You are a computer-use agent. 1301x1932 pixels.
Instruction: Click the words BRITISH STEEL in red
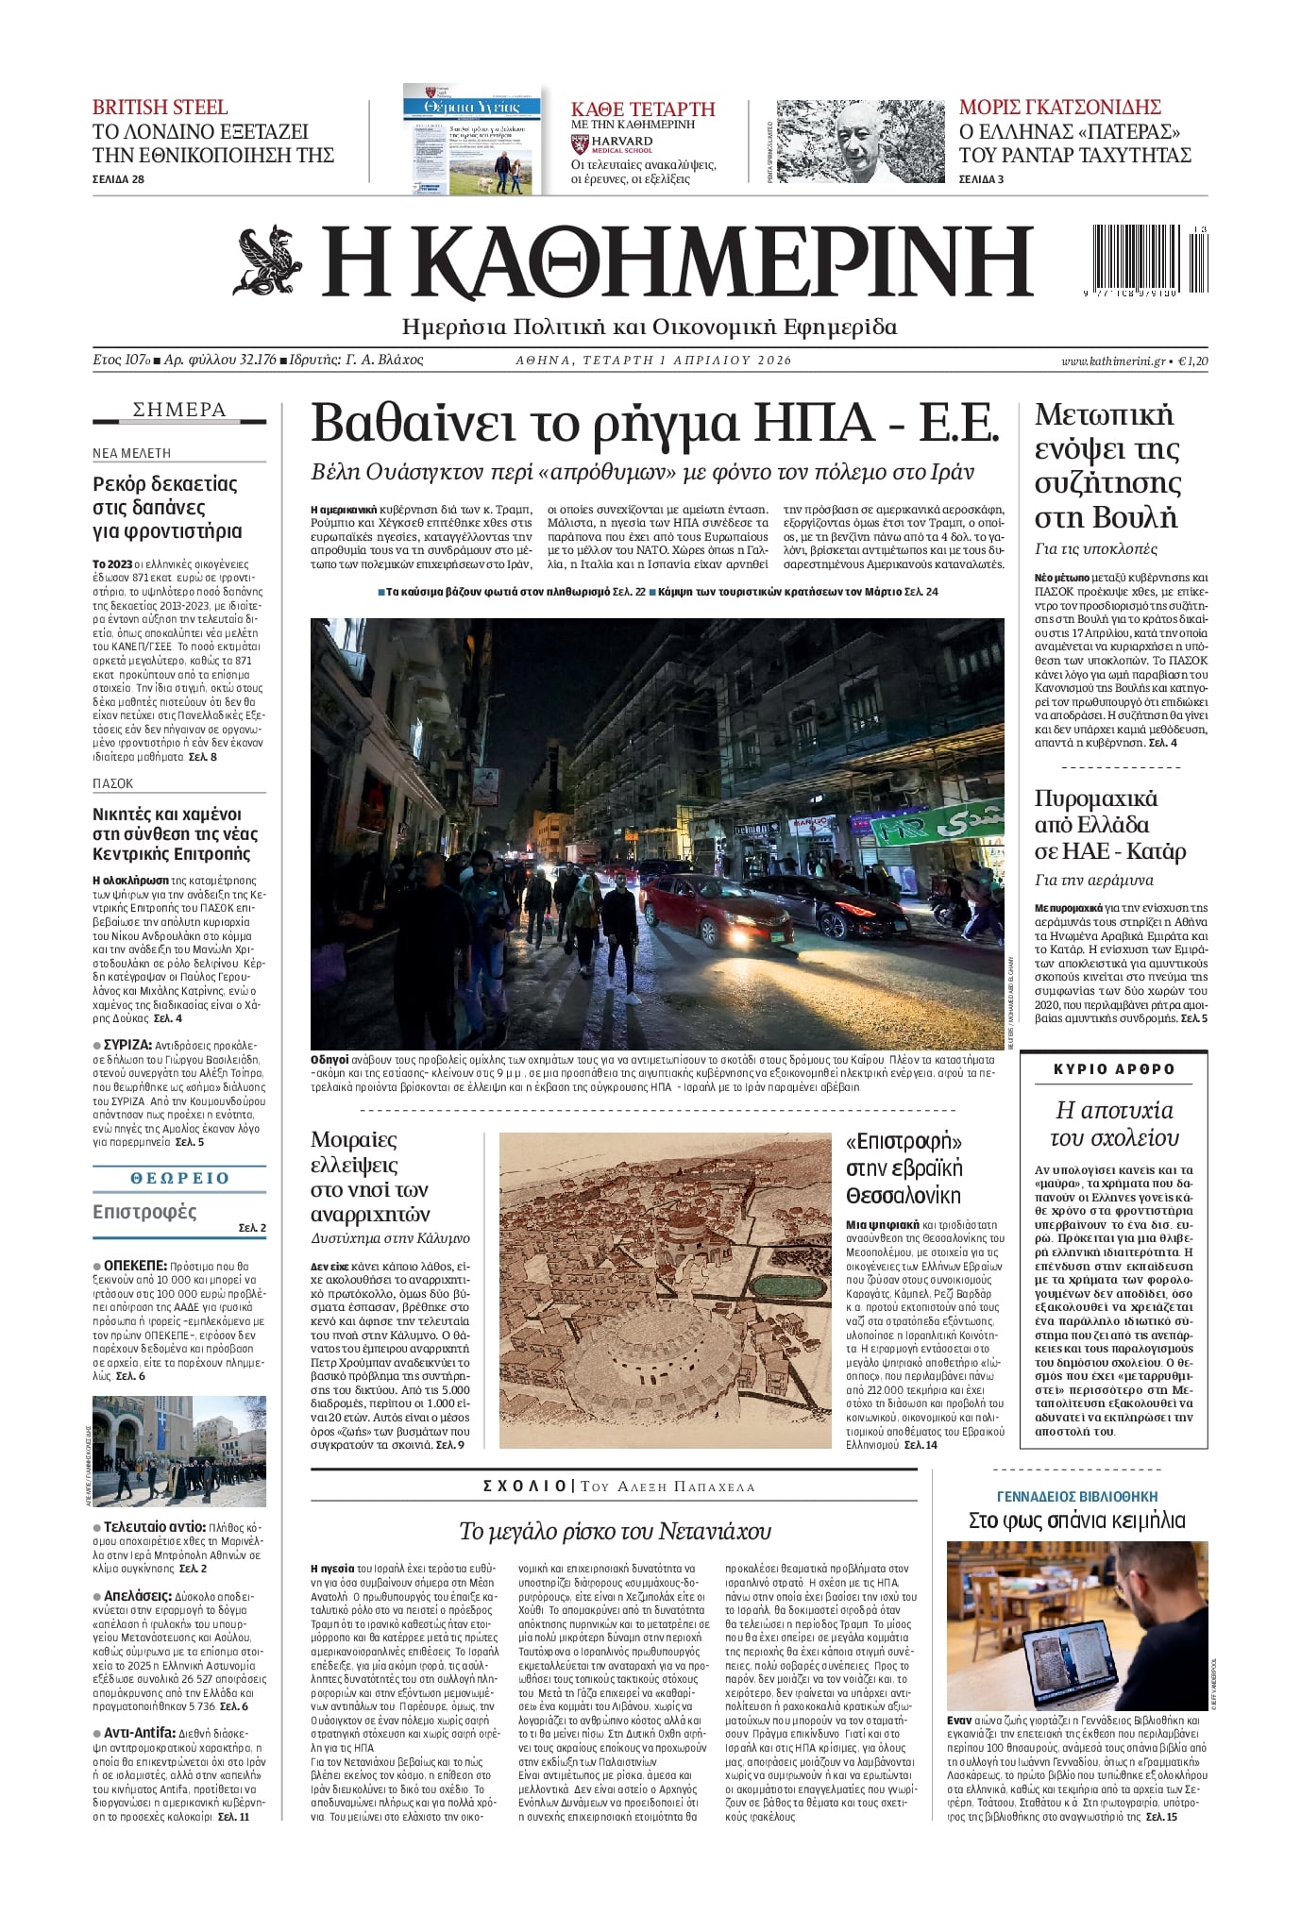click(160, 107)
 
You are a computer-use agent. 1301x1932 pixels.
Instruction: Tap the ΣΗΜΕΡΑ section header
click(179, 410)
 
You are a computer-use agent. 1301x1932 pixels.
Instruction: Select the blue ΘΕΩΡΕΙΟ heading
click(179, 1178)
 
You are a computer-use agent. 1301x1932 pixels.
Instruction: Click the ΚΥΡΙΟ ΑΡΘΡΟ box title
click(1114, 1069)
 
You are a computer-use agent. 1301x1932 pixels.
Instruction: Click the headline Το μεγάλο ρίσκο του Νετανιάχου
click(615, 1530)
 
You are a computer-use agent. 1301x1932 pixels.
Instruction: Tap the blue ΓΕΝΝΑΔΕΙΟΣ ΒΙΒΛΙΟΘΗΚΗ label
click(1076, 1497)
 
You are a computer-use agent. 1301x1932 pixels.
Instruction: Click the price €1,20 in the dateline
click(1193, 361)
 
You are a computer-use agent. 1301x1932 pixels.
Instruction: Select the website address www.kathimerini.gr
click(1112, 361)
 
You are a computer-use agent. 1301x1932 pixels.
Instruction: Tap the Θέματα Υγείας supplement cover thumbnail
click(472, 141)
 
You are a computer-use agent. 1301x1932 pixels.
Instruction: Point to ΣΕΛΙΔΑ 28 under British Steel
click(118, 179)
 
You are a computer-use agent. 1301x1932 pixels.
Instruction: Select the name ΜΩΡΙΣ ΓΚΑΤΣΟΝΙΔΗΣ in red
click(1059, 107)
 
